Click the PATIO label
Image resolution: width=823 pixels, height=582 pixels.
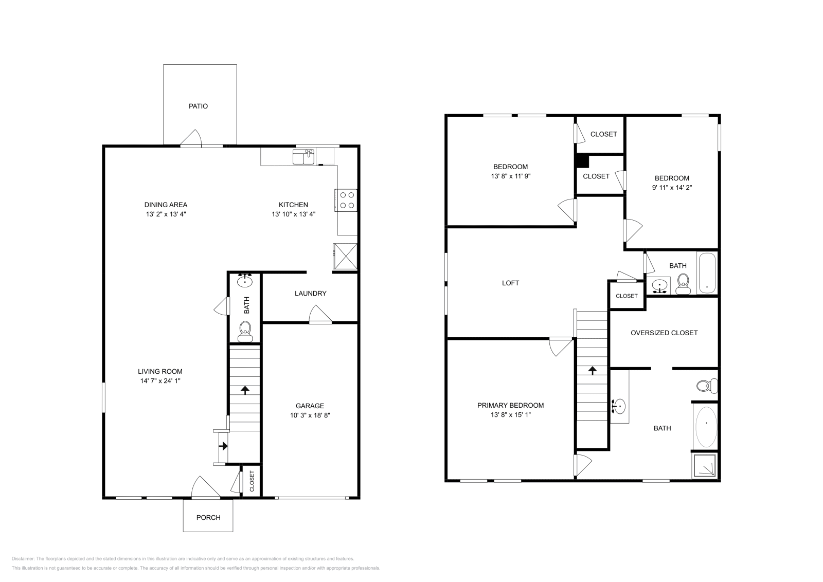[198, 106]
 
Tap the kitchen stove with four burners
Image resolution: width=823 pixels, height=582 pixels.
[346, 200]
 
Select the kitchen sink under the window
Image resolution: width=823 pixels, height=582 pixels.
[303, 156]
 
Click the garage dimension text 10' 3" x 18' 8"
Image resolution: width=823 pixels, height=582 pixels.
[309, 415]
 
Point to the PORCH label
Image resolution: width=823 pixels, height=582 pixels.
[208, 517]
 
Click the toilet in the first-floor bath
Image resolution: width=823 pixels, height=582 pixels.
[245, 330]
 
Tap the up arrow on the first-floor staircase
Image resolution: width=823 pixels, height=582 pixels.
[245, 390]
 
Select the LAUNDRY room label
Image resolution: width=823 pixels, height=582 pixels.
[310, 294]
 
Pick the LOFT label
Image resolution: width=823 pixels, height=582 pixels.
[510, 283]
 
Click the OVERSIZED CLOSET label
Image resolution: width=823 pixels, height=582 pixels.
[664, 333]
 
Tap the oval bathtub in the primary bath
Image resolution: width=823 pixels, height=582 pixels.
[706, 423]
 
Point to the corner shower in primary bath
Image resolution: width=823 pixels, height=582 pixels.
[705, 465]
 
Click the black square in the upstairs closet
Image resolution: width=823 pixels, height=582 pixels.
[582, 161]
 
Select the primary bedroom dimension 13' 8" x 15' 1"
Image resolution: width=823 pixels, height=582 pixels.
[510, 414]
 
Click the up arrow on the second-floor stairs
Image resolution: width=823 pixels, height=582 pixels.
[592, 370]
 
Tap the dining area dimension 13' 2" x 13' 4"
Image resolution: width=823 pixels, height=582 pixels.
[165, 214]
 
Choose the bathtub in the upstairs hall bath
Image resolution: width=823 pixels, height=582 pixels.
[707, 274]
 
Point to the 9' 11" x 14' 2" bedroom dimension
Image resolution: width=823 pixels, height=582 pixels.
[672, 188]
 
